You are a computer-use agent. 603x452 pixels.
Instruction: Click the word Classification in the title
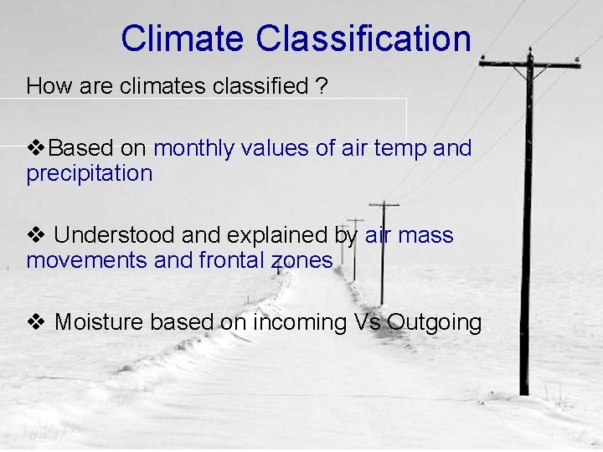click(x=363, y=39)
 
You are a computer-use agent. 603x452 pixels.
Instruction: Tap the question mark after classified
click(x=322, y=86)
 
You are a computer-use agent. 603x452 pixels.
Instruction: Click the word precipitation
click(x=90, y=174)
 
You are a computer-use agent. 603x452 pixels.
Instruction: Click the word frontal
click(x=232, y=261)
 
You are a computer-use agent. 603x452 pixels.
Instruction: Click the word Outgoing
click(x=435, y=322)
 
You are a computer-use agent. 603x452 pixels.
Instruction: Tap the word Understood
click(x=108, y=236)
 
